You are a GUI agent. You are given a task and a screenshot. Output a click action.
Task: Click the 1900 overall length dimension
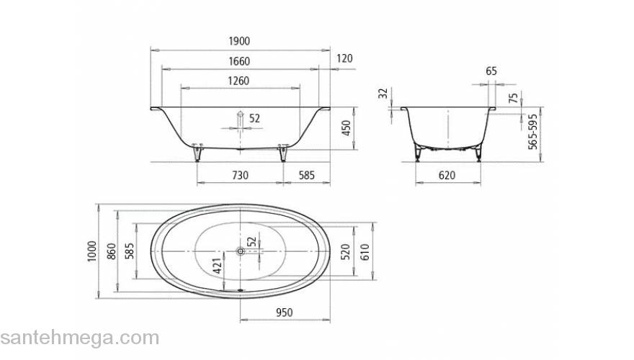(240, 42)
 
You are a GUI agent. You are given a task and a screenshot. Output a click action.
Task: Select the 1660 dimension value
(240, 62)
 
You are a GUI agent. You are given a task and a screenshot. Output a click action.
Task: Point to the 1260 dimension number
(240, 81)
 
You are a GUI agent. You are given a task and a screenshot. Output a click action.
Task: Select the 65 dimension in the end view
(491, 71)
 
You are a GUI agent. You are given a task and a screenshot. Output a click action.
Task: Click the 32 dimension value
(383, 94)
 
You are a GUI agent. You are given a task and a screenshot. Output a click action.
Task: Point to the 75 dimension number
(513, 98)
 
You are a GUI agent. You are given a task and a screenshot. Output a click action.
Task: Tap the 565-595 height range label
(534, 131)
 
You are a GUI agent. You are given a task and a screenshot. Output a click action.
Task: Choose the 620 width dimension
(447, 174)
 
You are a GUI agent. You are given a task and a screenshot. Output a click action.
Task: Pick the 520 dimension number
(346, 251)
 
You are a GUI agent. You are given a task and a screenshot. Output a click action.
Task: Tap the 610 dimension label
(366, 251)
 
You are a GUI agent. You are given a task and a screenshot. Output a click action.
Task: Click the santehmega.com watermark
(79, 338)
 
